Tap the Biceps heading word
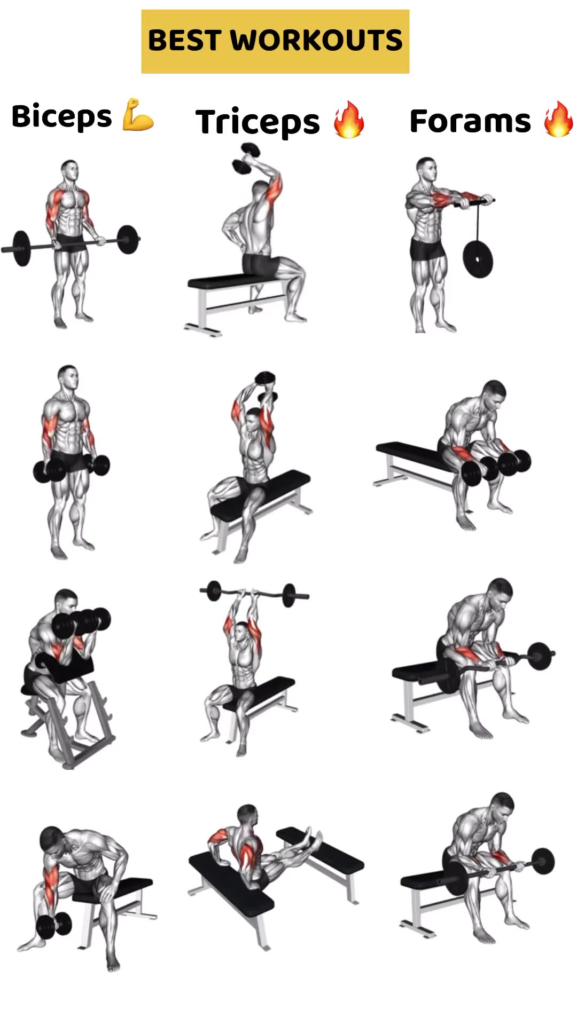click(x=61, y=116)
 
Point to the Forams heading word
click(x=470, y=121)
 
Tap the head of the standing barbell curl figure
click(x=69, y=171)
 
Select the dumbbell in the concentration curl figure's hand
click(x=53, y=924)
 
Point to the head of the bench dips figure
click(x=247, y=816)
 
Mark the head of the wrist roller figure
click(x=426, y=169)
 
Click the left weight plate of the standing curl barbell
click(x=21, y=248)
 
